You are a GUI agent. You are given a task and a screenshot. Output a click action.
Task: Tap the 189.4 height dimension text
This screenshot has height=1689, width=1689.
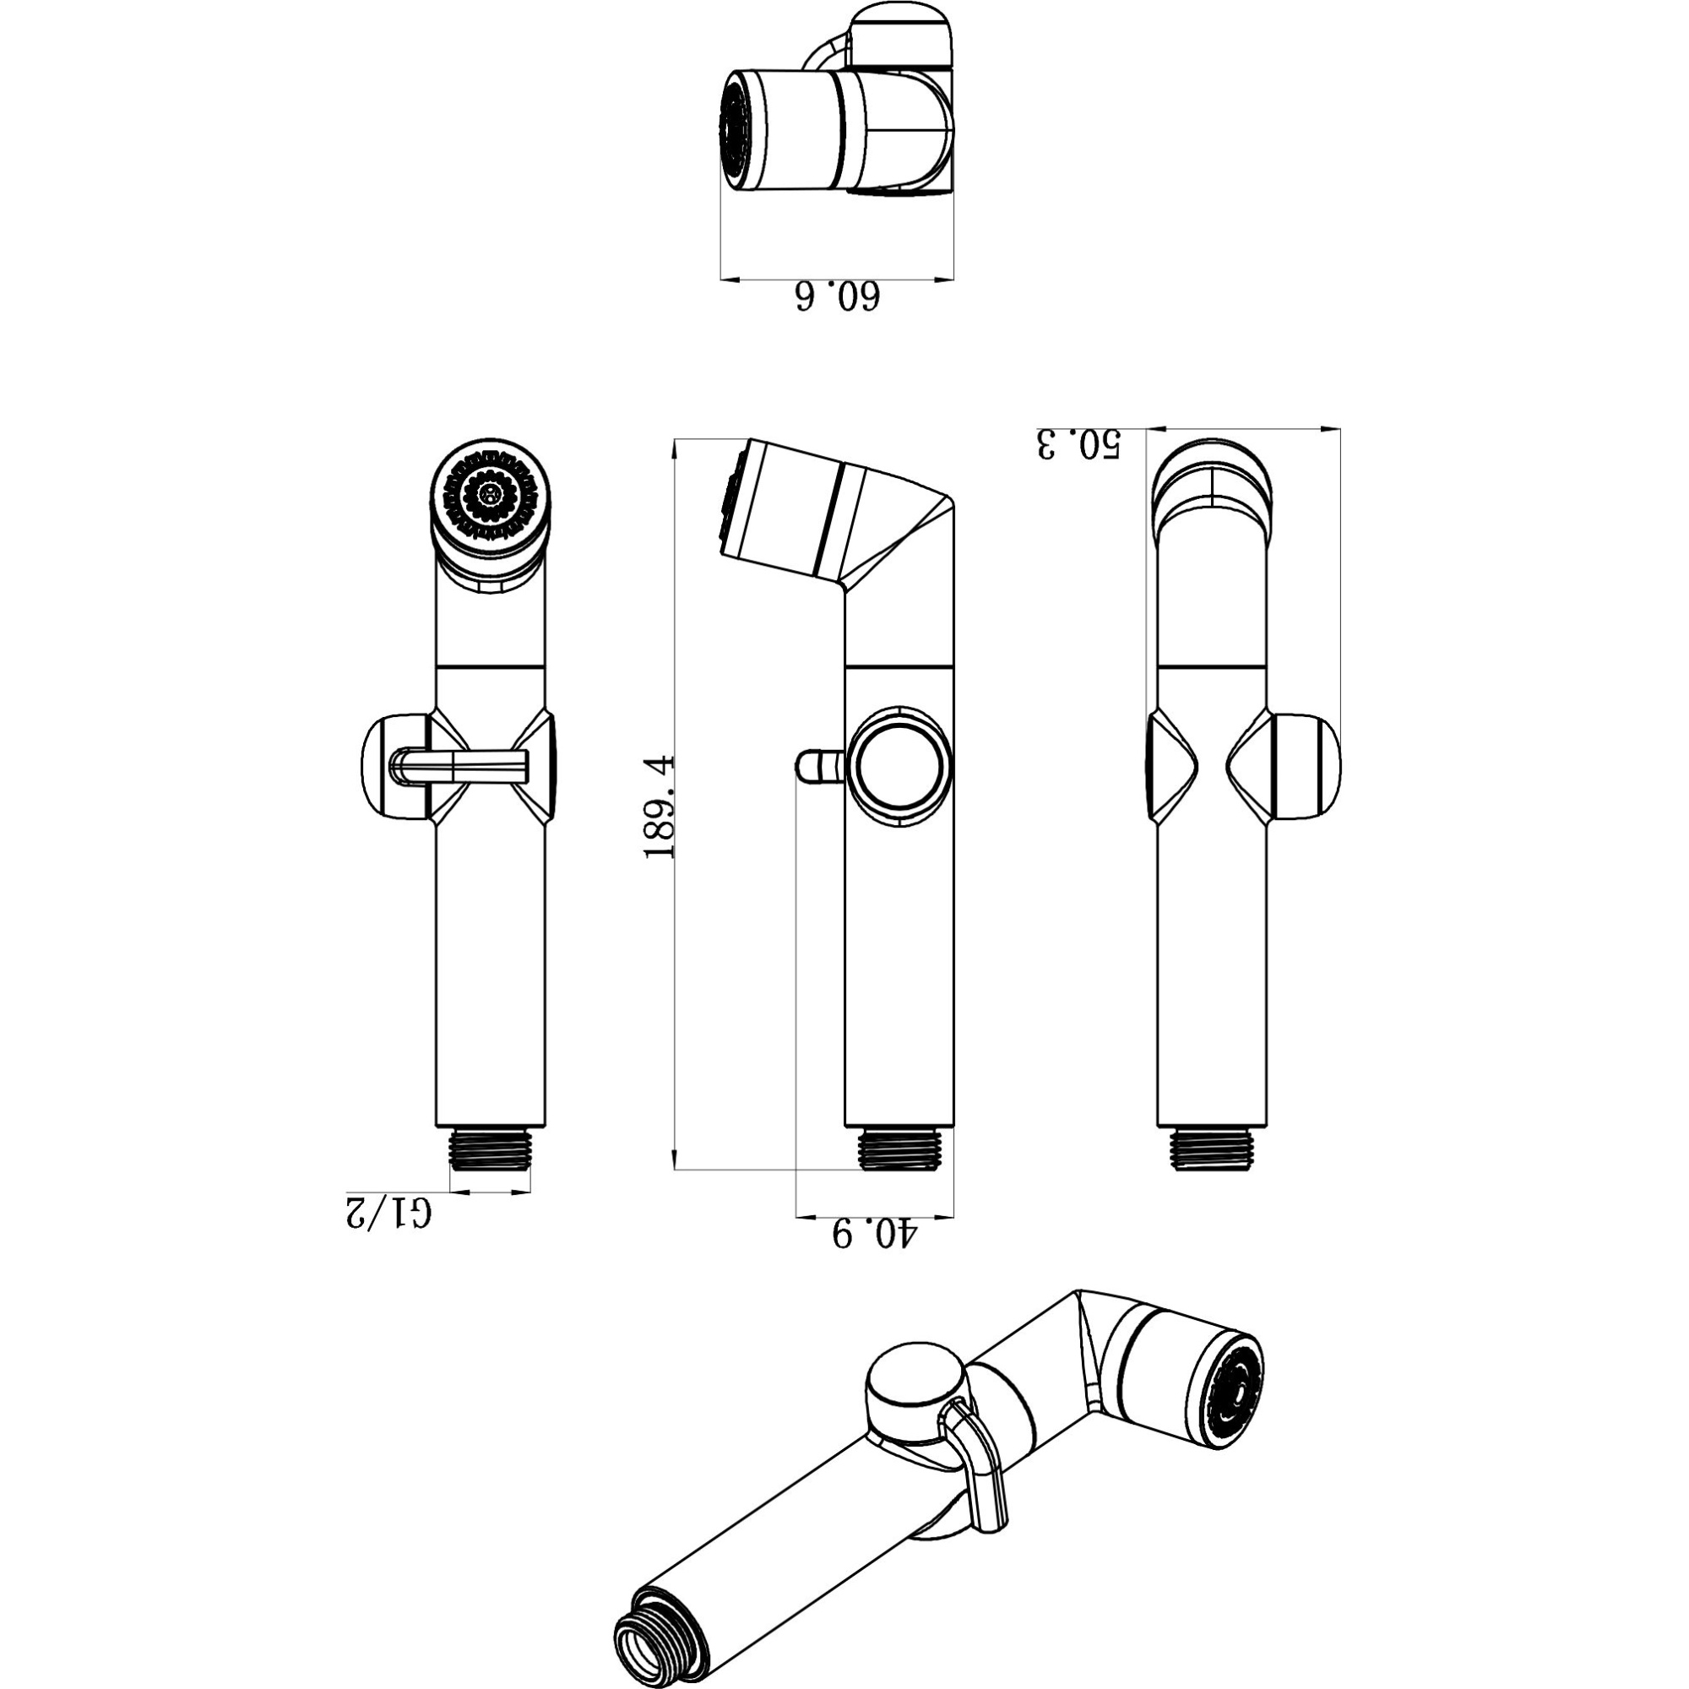660,805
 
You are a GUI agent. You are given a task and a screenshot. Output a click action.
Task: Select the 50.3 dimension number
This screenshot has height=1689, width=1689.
1077,443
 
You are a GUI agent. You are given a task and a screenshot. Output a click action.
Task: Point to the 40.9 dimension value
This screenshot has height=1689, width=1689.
872,1235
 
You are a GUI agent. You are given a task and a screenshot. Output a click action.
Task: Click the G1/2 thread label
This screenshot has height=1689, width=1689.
388,1213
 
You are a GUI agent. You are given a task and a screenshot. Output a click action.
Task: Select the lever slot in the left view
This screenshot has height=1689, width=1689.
462,767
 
